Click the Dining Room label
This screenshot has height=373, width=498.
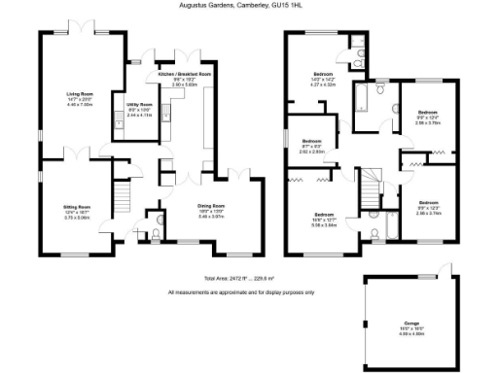click(x=211, y=205)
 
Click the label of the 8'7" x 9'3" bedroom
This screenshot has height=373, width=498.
click(x=311, y=142)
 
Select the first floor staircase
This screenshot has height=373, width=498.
click(x=371, y=183)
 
